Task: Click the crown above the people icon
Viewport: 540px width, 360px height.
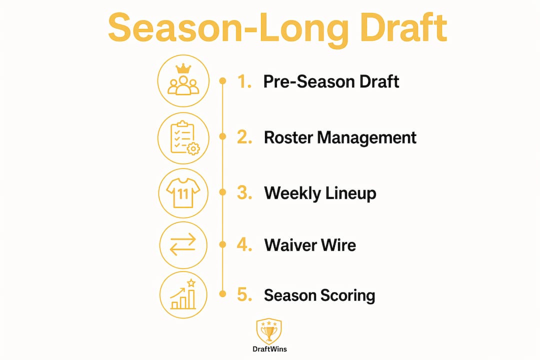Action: (x=183, y=68)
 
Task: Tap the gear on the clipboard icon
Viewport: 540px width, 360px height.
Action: (x=193, y=148)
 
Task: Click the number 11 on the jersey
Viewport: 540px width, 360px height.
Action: (x=183, y=194)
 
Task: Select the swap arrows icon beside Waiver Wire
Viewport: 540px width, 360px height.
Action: (x=183, y=244)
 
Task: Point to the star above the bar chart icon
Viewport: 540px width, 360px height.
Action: (x=191, y=283)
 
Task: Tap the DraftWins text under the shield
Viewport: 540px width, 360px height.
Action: (x=269, y=349)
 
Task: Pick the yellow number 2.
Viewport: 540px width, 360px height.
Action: (x=244, y=137)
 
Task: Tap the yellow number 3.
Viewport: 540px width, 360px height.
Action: (x=244, y=192)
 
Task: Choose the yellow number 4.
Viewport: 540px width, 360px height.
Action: (x=244, y=244)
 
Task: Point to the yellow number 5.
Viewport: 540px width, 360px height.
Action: (x=244, y=295)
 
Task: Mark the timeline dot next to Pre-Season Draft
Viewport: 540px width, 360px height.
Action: (x=223, y=81)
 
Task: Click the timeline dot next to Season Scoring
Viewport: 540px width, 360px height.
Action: (x=223, y=294)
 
